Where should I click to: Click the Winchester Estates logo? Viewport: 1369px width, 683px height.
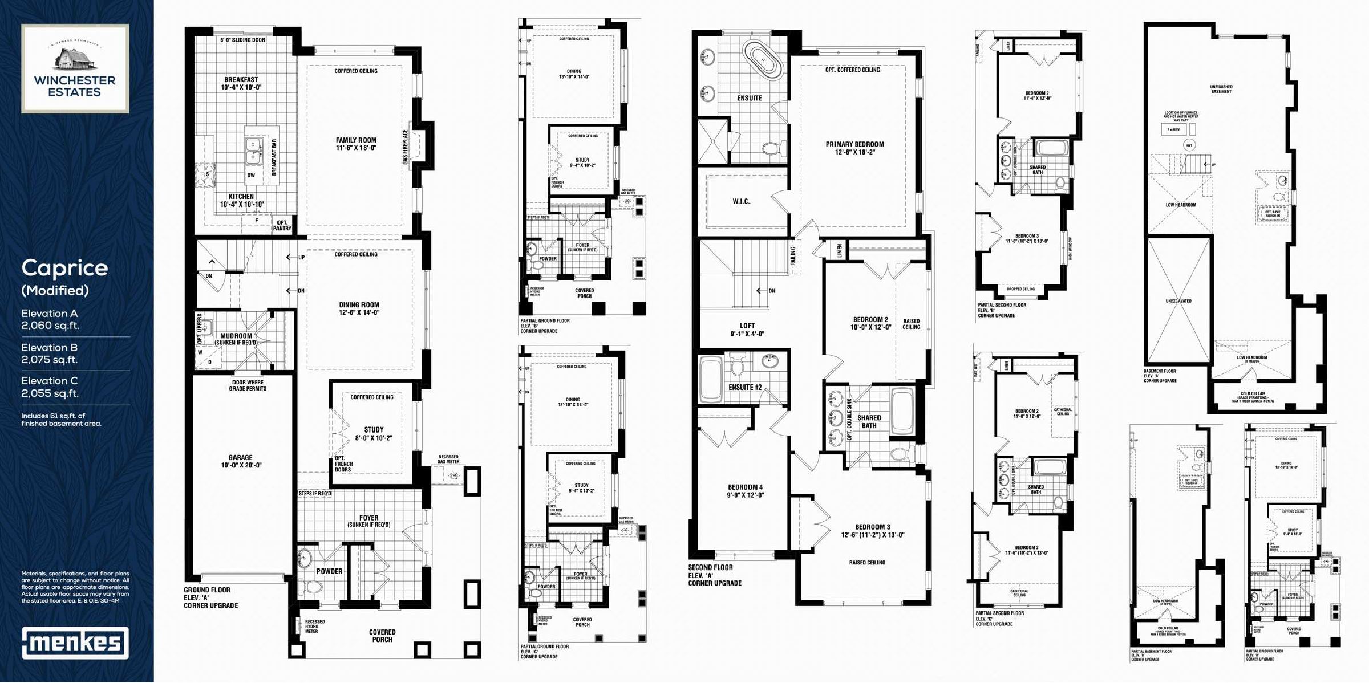click(75, 68)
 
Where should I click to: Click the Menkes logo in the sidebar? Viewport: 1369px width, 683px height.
click(75, 643)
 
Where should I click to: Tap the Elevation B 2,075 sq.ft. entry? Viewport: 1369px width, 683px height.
click(50, 353)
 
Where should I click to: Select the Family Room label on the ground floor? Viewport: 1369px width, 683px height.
click(356, 144)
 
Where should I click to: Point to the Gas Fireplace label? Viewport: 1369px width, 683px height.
click(406, 147)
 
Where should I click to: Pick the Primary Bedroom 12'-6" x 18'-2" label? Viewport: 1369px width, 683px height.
click(854, 148)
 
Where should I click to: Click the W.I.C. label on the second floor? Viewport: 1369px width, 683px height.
click(742, 201)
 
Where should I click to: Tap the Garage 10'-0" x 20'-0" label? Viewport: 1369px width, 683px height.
click(241, 461)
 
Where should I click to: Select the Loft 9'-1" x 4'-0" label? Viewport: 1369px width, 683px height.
click(747, 330)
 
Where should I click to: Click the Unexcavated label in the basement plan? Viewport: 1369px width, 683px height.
click(1178, 301)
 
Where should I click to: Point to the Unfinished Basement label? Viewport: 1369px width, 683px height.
click(1221, 89)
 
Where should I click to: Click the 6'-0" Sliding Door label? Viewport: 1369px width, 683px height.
click(242, 40)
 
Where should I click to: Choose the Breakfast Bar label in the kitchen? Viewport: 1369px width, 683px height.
click(274, 157)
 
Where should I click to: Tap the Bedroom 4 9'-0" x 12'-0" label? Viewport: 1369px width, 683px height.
click(745, 491)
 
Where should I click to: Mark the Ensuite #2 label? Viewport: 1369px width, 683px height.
click(745, 387)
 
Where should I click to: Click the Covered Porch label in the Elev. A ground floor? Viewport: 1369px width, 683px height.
click(382, 636)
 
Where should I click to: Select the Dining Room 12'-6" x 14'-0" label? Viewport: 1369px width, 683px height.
click(359, 308)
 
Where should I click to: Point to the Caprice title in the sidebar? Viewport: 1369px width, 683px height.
click(64, 268)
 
